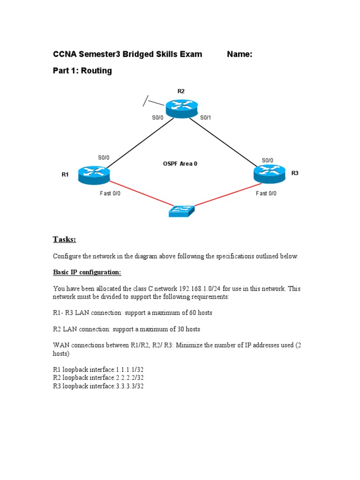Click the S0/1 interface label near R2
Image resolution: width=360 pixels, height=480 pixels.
[x=206, y=118]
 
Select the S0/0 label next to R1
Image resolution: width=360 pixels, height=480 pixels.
[x=104, y=157]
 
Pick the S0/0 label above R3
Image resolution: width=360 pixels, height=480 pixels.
[x=267, y=160]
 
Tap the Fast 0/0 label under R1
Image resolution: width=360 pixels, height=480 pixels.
[x=110, y=193]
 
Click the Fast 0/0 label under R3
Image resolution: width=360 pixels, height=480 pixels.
[x=266, y=193]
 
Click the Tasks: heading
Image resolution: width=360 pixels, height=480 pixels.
[x=64, y=240]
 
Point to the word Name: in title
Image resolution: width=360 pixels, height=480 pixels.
[x=240, y=54]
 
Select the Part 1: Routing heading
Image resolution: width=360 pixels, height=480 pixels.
[x=82, y=71]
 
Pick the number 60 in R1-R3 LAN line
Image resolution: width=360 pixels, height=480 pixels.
[x=187, y=312]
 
